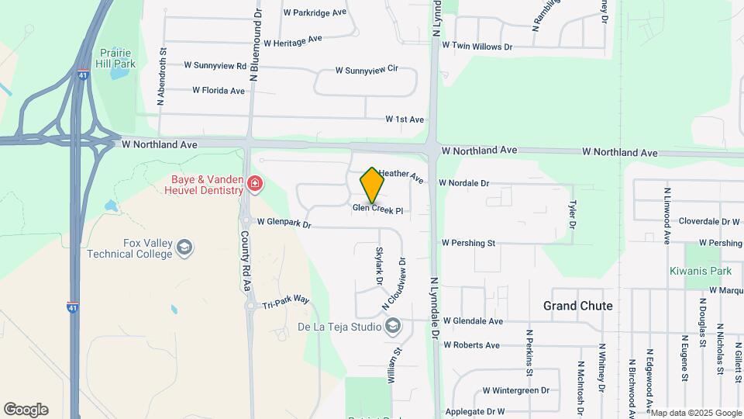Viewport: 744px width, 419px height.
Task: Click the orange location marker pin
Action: coord(372,185)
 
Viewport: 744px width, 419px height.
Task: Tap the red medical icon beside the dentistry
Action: coord(255,184)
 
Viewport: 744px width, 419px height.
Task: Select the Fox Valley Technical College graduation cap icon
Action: coord(184,248)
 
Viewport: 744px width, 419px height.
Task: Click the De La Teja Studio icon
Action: coord(393,326)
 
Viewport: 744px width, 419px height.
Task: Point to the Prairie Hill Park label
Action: coord(116,57)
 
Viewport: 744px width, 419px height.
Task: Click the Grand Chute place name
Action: coord(577,306)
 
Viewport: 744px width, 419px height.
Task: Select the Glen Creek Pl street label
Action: coord(378,209)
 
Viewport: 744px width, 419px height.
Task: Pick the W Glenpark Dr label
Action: coord(284,223)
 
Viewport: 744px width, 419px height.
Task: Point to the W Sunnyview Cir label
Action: coord(366,70)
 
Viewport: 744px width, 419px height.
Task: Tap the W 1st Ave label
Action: coord(405,119)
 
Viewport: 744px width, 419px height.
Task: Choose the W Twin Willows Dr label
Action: coord(477,47)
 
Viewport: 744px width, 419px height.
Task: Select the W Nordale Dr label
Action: coord(463,183)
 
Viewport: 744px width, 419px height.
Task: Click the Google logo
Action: coord(26,409)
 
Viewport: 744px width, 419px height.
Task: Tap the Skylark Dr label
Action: coord(380,265)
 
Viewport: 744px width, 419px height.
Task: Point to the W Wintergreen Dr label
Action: coord(515,390)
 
